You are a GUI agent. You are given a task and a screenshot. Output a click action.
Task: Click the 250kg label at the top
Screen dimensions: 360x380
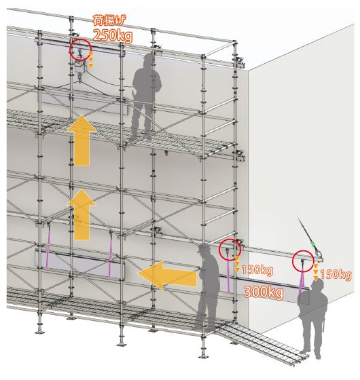click(x=113, y=36)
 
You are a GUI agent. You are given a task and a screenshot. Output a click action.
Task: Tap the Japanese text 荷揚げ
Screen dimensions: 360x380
click(x=109, y=20)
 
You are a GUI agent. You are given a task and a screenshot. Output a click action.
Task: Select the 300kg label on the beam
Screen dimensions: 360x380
click(x=264, y=292)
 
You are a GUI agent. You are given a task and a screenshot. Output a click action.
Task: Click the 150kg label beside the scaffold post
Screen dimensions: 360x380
click(x=257, y=270)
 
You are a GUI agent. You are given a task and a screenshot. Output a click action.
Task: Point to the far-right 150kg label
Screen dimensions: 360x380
click(x=336, y=275)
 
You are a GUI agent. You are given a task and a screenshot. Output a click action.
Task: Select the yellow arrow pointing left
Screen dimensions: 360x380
click(x=167, y=275)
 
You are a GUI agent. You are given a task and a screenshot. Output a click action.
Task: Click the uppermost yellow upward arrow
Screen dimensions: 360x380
click(x=82, y=140)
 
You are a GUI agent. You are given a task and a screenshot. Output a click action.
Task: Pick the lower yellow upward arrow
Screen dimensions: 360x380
click(x=82, y=214)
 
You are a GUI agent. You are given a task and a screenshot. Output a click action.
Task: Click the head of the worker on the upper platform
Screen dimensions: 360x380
click(x=149, y=60)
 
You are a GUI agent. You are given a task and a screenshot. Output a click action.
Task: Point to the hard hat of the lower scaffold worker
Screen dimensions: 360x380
click(x=204, y=248)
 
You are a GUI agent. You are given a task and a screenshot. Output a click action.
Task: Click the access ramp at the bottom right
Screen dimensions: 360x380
click(x=262, y=340)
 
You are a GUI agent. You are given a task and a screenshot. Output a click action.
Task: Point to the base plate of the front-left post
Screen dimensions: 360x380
click(x=39, y=332)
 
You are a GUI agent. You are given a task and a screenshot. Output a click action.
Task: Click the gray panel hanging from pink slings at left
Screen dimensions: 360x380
click(x=80, y=265)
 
